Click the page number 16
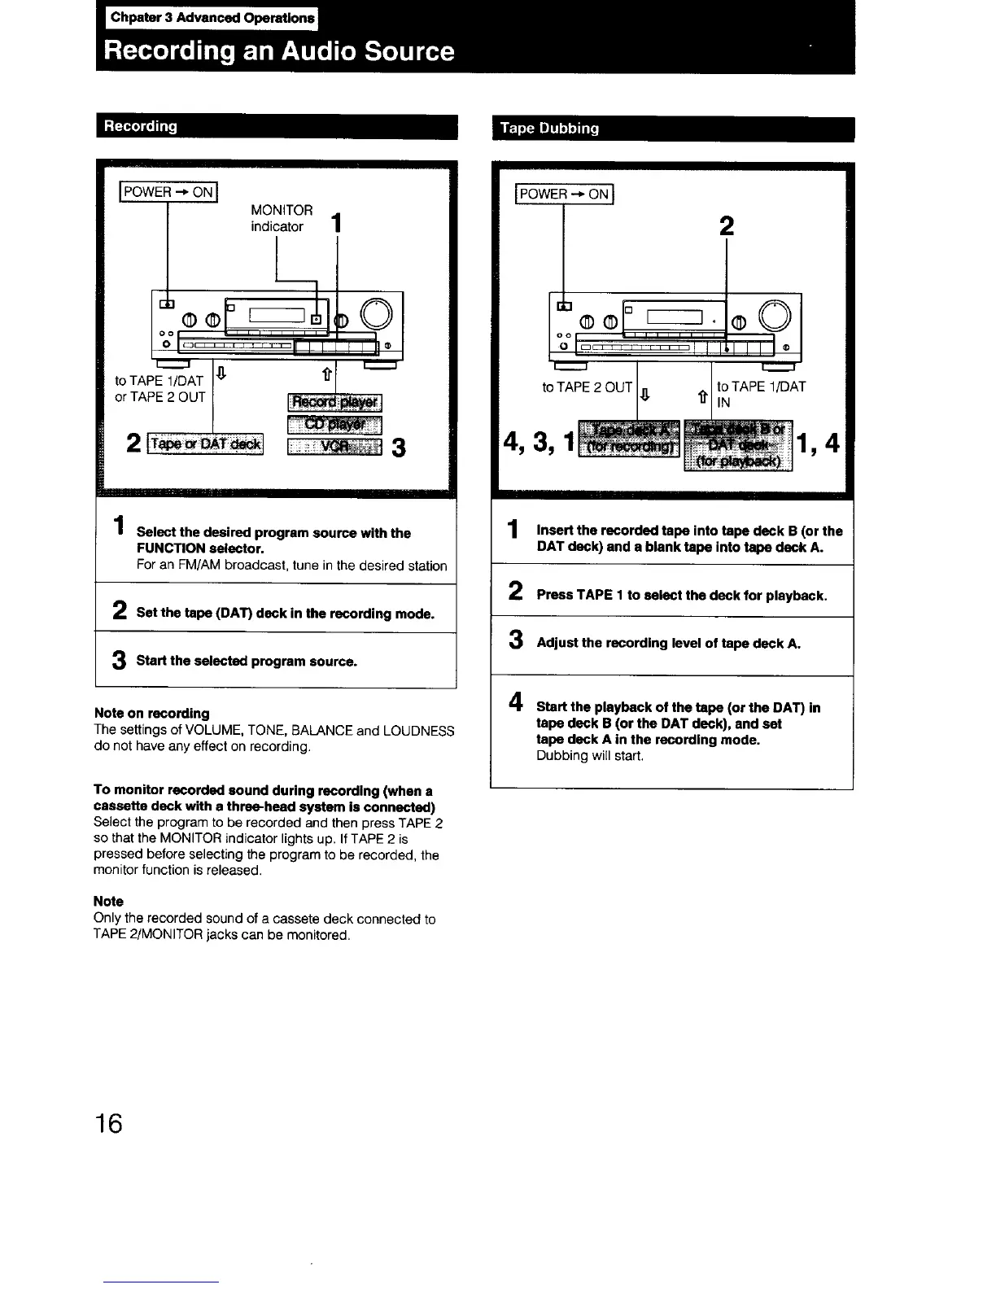click(x=108, y=1124)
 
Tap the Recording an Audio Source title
click(x=279, y=51)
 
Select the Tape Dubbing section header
click(x=549, y=129)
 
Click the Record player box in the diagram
click(x=335, y=403)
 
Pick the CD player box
click(x=335, y=424)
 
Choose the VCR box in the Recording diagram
click(x=335, y=446)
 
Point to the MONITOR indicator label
click(x=281, y=218)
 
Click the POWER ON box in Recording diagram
click(x=168, y=192)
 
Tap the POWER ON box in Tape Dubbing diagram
click(x=564, y=194)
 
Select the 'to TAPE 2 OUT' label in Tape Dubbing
click(x=588, y=387)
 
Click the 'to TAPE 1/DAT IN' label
click(x=760, y=394)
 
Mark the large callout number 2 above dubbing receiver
click(x=727, y=227)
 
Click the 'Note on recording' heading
click(x=152, y=713)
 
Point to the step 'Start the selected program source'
click(x=247, y=661)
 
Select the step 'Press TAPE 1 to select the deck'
click(x=681, y=595)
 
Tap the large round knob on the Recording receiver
click(x=378, y=313)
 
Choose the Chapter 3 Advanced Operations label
click(x=212, y=17)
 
